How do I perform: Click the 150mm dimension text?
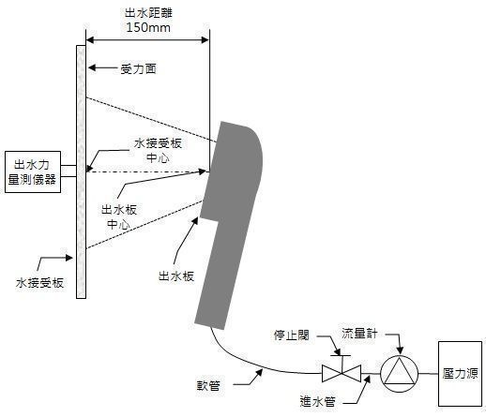(146, 28)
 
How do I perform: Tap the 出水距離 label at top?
(146, 13)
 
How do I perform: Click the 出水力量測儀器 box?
(33, 171)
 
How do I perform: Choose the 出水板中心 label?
(119, 217)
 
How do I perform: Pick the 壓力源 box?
(460, 372)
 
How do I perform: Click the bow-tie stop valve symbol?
(336, 372)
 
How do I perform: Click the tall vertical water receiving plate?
(81, 169)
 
